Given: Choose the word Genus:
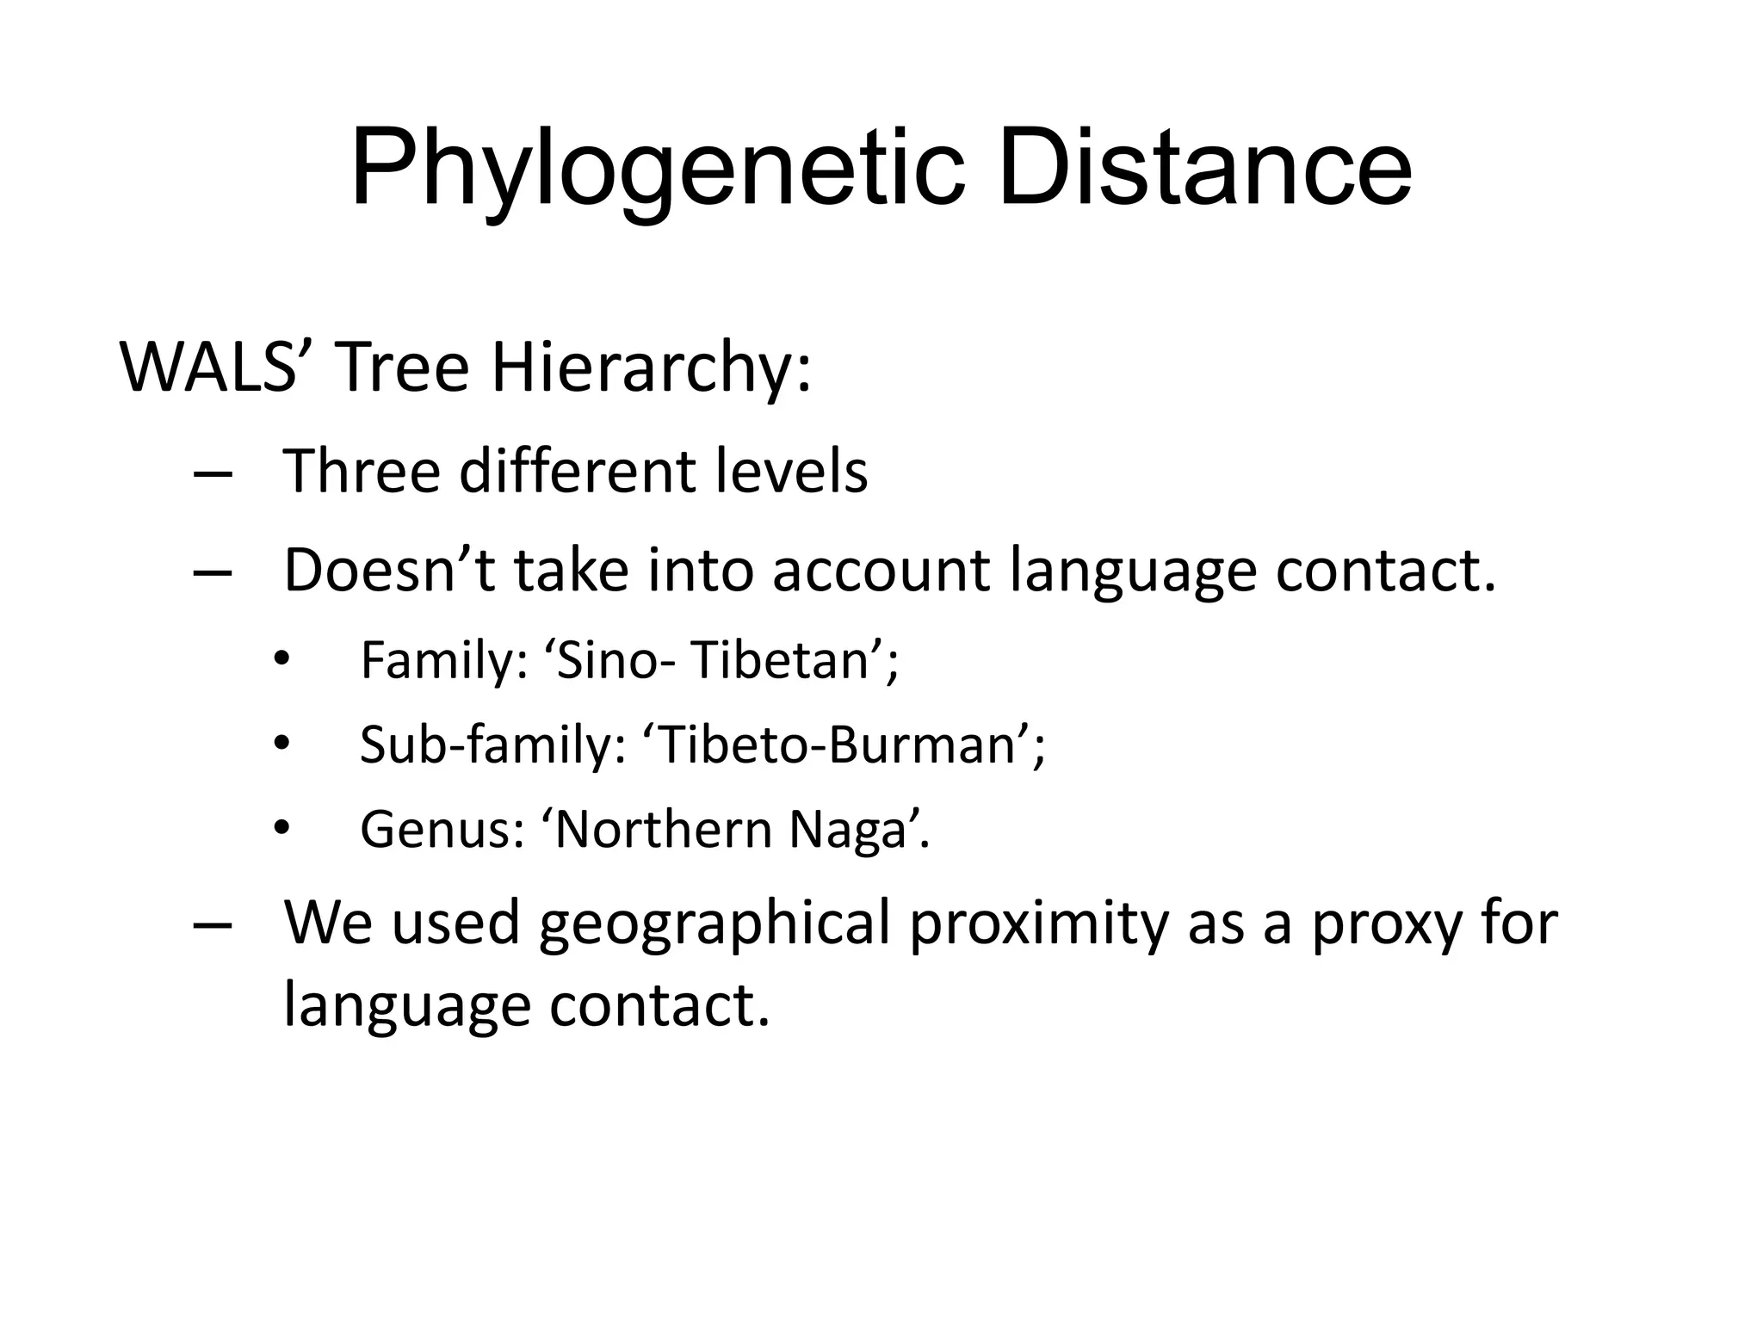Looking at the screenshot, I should (x=442, y=830).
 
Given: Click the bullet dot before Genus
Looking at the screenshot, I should (x=280, y=828).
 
